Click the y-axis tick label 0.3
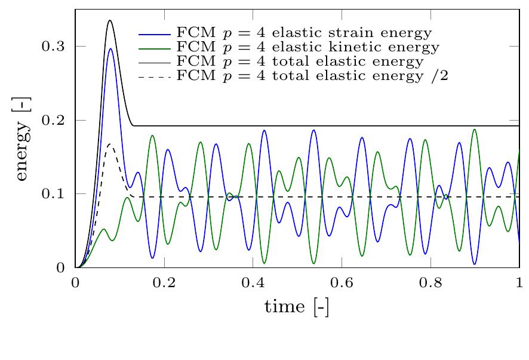(54, 47)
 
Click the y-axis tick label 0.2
(54, 121)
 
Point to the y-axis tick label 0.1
(54, 194)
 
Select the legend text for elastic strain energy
(304, 32)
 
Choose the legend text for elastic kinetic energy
(308, 47)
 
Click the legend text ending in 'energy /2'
(312, 76)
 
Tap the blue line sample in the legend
(155, 32)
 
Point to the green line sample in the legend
(155, 47)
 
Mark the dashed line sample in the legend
(155, 76)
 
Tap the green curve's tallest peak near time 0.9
(475, 129)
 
